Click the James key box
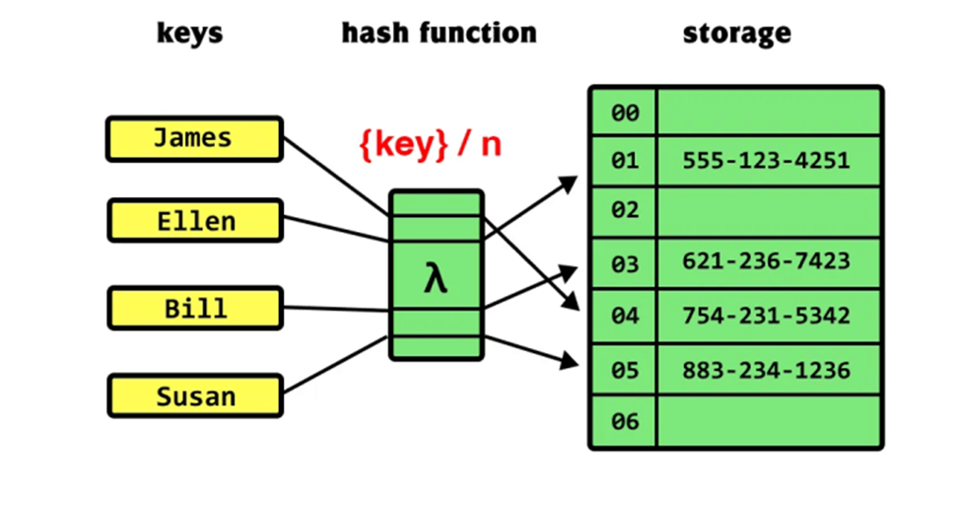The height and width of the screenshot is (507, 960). coord(195,139)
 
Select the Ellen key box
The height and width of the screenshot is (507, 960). coord(195,220)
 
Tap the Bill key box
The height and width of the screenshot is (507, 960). coord(195,308)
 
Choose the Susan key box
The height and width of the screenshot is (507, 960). coord(195,397)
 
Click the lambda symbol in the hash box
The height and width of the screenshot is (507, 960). coord(436,279)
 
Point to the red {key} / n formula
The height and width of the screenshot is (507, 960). coord(430,145)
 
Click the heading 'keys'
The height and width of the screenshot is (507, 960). coord(190,34)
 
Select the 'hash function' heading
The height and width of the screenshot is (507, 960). coord(439,33)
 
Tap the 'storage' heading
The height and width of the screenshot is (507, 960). coord(736,34)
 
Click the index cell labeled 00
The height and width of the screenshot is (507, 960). coord(624,112)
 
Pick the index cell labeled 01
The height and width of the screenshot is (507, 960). coord(624,161)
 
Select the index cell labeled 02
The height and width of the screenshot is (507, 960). coord(624,211)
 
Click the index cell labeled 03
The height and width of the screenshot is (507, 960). coord(624,263)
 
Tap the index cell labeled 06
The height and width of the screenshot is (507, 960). coord(624,421)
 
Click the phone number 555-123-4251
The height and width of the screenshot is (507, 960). coord(766,161)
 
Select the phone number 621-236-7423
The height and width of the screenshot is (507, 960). coord(766,261)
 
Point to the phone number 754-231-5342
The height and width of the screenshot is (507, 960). coord(766,316)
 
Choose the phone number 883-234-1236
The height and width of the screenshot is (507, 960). coord(766,370)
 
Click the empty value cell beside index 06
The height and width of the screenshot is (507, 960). coord(769,421)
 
